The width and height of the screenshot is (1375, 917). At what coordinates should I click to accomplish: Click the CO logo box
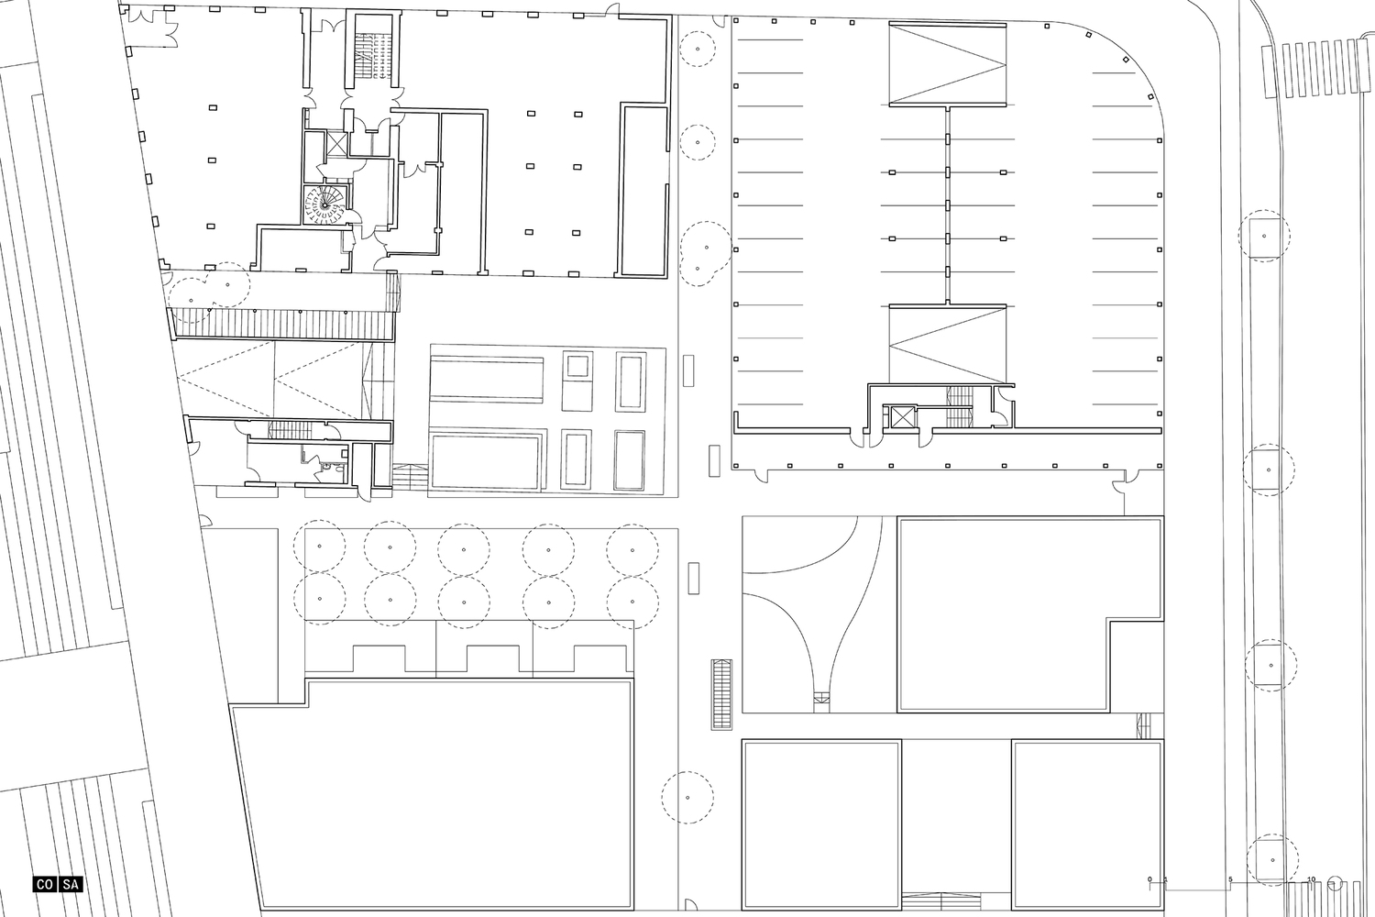click(44, 885)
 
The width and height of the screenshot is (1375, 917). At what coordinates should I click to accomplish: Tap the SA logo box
click(71, 885)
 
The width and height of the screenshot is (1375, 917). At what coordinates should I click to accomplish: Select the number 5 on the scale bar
click(1230, 879)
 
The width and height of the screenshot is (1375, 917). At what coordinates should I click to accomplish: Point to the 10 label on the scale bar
click(1311, 879)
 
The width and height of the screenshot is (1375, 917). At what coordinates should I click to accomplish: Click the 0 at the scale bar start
click(1149, 879)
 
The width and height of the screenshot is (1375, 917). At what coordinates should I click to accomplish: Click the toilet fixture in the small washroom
click(337, 470)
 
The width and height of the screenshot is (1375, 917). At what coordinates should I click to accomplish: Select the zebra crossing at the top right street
click(1314, 70)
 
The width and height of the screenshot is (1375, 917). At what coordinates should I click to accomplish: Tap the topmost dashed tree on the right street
click(1264, 236)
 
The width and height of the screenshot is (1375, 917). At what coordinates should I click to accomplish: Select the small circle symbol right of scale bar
click(1334, 885)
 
